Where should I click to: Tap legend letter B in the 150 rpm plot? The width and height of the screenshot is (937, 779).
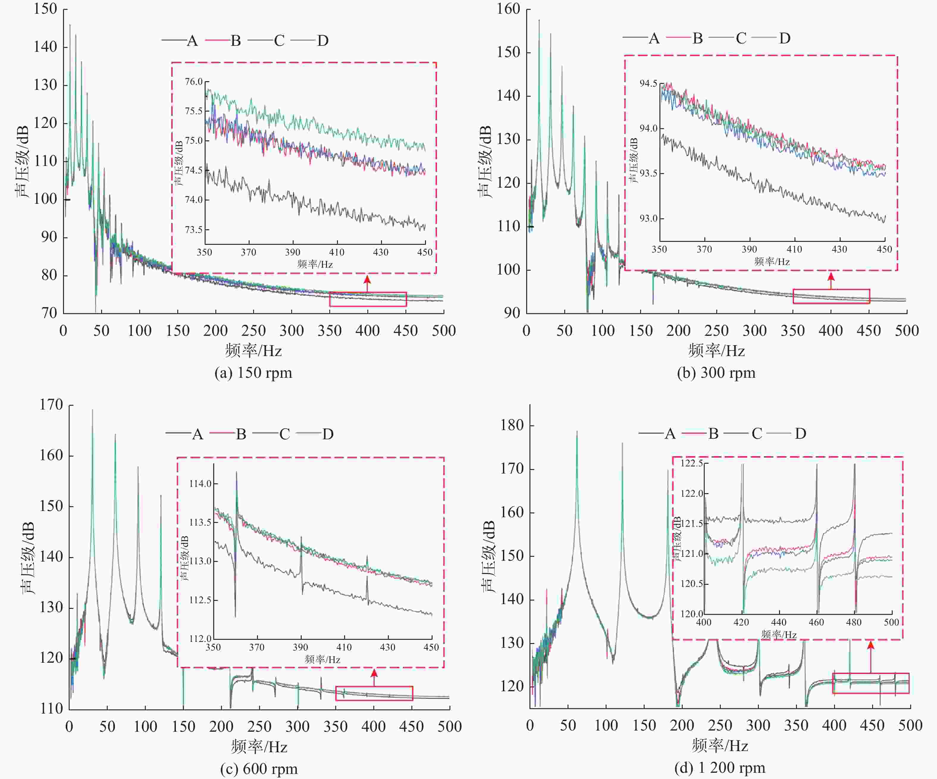tap(236, 40)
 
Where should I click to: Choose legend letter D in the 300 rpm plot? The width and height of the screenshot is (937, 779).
tap(785, 38)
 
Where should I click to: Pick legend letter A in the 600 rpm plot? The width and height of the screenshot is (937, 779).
tap(198, 434)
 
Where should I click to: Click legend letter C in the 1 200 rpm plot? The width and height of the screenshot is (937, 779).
tap(757, 433)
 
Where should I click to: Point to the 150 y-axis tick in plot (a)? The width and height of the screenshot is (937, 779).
tap(45, 9)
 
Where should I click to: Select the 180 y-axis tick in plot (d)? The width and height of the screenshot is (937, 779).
tap(511, 425)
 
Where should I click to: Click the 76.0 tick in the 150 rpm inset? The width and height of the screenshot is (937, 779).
tap(194, 81)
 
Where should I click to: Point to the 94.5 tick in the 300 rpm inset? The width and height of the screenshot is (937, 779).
tap(648, 83)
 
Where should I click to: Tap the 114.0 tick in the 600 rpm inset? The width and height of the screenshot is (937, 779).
tap(200, 484)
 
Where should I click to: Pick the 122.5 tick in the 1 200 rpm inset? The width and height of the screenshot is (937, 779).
tap(691, 463)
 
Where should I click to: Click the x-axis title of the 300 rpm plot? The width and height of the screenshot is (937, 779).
tap(716, 351)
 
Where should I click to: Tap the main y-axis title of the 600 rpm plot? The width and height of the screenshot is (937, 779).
tap(28, 557)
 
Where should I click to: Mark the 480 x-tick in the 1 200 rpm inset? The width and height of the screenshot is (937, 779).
tap(854, 622)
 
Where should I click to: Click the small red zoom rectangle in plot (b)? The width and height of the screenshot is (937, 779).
tap(831, 296)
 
